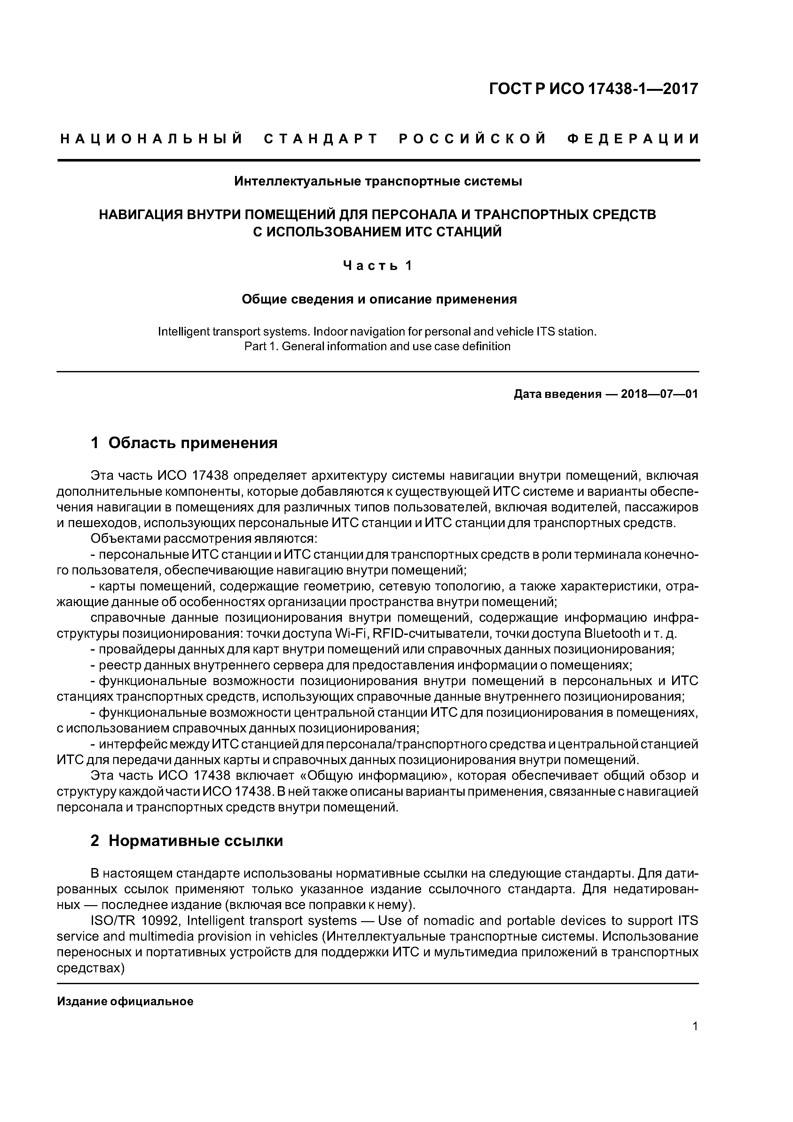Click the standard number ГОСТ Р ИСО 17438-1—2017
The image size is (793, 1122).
point(594,89)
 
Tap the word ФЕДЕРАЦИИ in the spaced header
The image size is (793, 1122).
point(633,139)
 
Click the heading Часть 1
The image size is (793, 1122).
point(378,266)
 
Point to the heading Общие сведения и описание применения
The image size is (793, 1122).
point(379,299)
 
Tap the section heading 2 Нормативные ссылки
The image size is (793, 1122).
point(187,841)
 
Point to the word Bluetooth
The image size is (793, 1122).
point(612,634)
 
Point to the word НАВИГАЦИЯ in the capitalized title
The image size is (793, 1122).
point(141,215)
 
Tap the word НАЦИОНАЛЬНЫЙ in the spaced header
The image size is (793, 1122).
point(152,139)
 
